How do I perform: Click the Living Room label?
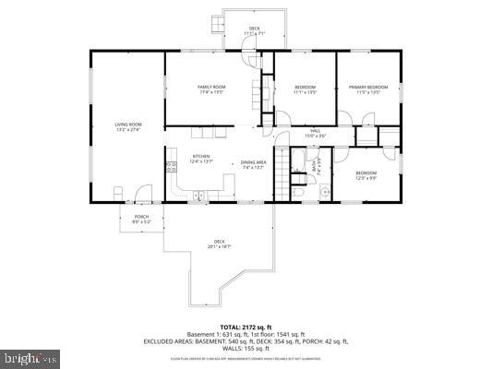tap(127, 126)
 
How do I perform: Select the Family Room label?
tap(211, 89)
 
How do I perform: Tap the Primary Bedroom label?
tap(368, 89)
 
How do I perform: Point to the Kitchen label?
tap(201, 159)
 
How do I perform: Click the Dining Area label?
tap(253, 164)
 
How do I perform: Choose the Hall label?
tap(314, 134)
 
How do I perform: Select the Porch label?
tap(141, 220)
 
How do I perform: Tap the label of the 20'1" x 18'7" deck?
tap(219, 244)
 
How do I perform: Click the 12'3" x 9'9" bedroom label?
tap(366, 175)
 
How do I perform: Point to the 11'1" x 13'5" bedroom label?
tap(305, 89)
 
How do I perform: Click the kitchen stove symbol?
tap(171, 167)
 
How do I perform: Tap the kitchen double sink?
tap(198, 194)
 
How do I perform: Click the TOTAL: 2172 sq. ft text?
tap(245, 327)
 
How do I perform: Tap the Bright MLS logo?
tap(30, 355)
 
